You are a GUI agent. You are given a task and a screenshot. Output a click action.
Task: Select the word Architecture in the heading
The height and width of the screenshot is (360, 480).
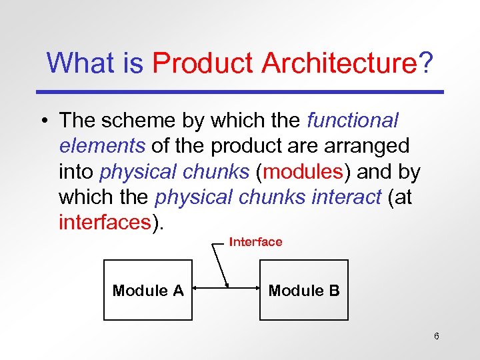[339, 64]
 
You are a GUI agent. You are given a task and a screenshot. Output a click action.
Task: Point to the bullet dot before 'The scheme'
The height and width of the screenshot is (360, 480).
[43, 121]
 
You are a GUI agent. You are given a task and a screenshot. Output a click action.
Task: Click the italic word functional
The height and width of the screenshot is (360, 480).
[352, 121]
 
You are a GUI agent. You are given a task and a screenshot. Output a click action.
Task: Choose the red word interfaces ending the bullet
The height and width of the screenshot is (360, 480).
[105, 222]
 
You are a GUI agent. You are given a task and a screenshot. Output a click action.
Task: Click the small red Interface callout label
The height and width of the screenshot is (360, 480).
[255, 242]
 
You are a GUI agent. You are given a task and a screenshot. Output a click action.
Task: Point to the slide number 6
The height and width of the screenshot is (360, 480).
[436, 336]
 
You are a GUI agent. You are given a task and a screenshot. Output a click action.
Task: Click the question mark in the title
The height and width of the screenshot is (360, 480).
[425, 64]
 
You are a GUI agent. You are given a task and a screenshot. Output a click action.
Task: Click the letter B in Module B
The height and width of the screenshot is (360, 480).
[333, 291]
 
